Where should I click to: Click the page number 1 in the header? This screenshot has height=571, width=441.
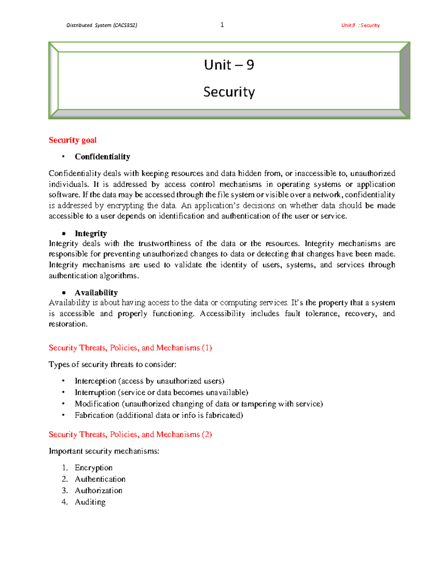222,25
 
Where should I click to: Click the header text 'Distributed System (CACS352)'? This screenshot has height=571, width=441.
102,25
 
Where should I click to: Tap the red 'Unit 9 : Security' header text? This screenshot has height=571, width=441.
360,25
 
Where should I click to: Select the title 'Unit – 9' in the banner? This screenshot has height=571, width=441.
229,65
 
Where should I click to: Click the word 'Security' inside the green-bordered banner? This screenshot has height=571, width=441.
229,92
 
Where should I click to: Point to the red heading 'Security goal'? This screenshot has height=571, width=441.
72,140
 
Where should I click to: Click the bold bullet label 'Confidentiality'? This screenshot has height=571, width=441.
102,157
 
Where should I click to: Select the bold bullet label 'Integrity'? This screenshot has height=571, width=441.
90,233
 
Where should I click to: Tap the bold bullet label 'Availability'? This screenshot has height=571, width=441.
96,293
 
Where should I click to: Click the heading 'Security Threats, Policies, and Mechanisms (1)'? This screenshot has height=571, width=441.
130,348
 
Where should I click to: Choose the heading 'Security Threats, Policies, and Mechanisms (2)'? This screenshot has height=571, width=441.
130,435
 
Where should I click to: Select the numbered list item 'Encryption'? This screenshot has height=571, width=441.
93,468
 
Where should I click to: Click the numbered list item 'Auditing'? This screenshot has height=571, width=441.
90,502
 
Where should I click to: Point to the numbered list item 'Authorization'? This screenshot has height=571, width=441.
98,490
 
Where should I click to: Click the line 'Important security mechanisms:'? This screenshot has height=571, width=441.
104,451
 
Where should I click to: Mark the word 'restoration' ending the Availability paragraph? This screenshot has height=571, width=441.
68,324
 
